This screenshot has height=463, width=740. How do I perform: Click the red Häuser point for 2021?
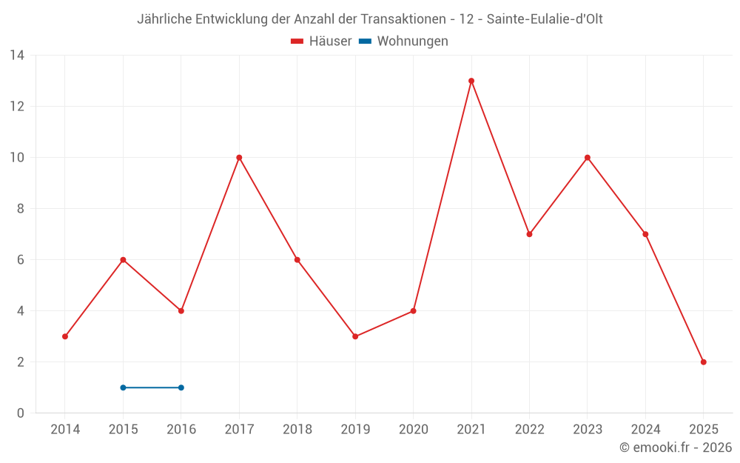(x=471, y=81)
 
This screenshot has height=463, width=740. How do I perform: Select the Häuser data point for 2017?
(x=239, y=157)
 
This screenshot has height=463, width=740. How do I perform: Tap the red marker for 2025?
(x=703, y=362)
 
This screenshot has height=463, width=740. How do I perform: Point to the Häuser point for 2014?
(x=65, y=336)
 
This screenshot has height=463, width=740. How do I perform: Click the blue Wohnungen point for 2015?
(x=123, y=387)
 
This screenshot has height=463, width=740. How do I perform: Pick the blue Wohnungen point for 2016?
(x=181, y=387)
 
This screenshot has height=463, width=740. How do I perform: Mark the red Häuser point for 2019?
(x=355, y=336)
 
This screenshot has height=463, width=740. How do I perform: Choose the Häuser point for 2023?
(x=588, y=157)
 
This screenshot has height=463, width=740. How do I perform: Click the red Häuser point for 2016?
(x=181, y=311)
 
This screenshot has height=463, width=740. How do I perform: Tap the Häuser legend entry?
(x=321, y=41)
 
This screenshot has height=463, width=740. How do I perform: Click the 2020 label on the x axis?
(x=413, y=430)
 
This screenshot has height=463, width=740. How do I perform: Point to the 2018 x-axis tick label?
(x=297, y=430)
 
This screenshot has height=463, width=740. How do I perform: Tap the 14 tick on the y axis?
(x=17, y=56)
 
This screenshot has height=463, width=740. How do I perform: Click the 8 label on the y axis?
(x=21, y=209)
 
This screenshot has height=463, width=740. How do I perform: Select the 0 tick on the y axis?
(x=21, y=413)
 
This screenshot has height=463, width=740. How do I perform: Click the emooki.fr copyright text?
(x=676, y=447)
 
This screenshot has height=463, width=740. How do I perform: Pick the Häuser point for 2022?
(x=529, y=234)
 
